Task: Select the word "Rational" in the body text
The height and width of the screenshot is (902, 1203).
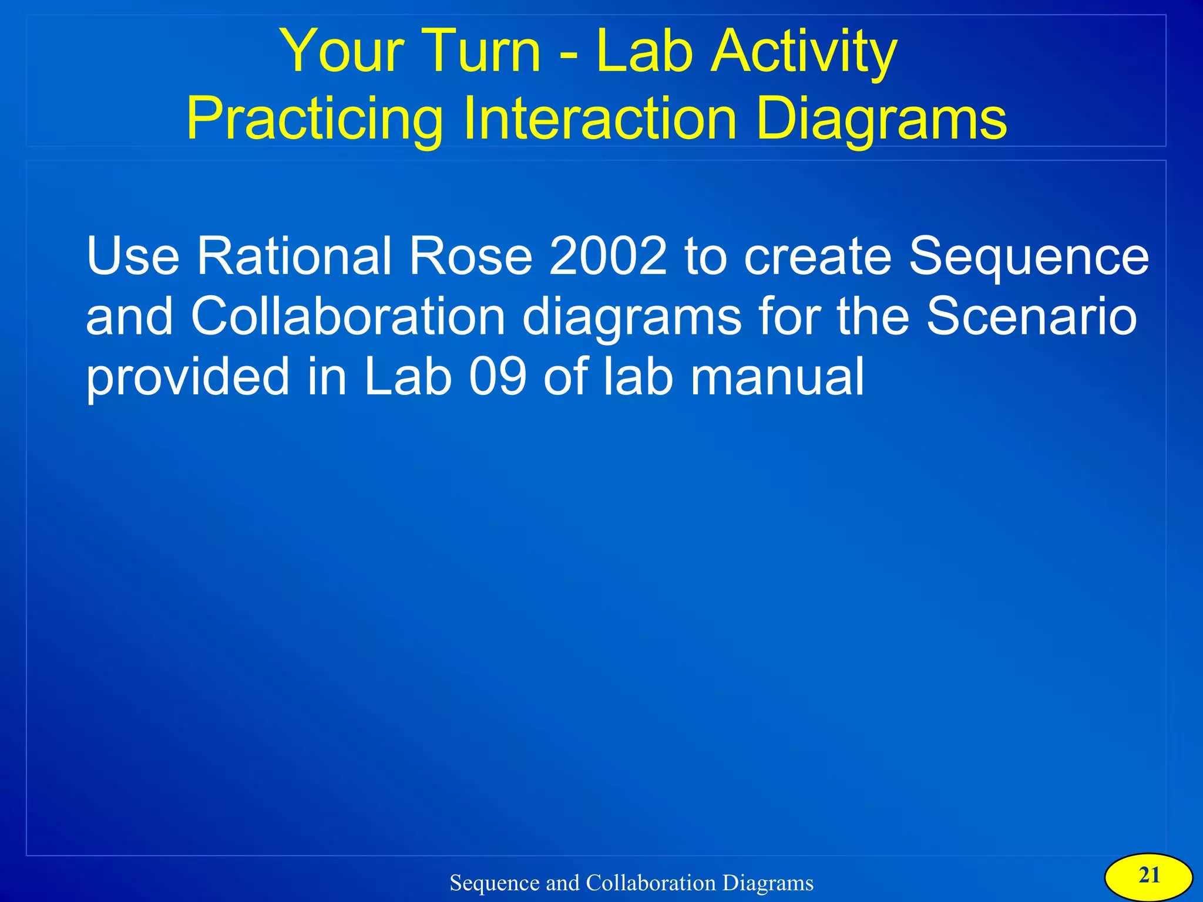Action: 294,256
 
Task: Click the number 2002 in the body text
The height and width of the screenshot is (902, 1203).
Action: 608,256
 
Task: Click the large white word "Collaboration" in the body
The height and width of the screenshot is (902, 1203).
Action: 348,316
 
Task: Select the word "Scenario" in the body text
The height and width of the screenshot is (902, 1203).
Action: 1031,316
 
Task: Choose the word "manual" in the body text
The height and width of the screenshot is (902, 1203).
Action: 777,377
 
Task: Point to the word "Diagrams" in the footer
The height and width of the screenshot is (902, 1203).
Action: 768,883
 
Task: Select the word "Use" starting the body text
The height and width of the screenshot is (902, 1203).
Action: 133,256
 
